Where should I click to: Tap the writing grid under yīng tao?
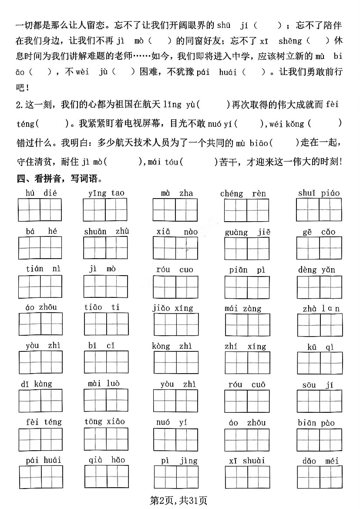pos(106,210)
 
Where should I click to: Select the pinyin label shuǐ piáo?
pos(319,193)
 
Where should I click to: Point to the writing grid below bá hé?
pos(40,248)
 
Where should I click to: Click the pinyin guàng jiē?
pos(248,232)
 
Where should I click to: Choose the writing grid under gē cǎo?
pos(319,248)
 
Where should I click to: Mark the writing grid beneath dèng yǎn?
pos(319,287)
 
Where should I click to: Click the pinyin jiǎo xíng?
pos(173,308)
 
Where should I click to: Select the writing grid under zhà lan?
pos(319,325)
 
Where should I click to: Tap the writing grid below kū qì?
pos(319,364)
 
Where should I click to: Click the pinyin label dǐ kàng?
pos(37,384)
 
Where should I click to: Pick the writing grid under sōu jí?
pos(319,401)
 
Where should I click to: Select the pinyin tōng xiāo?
pos(104,421)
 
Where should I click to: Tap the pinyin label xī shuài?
pos(247,460)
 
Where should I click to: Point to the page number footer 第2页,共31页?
pos(178,501)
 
